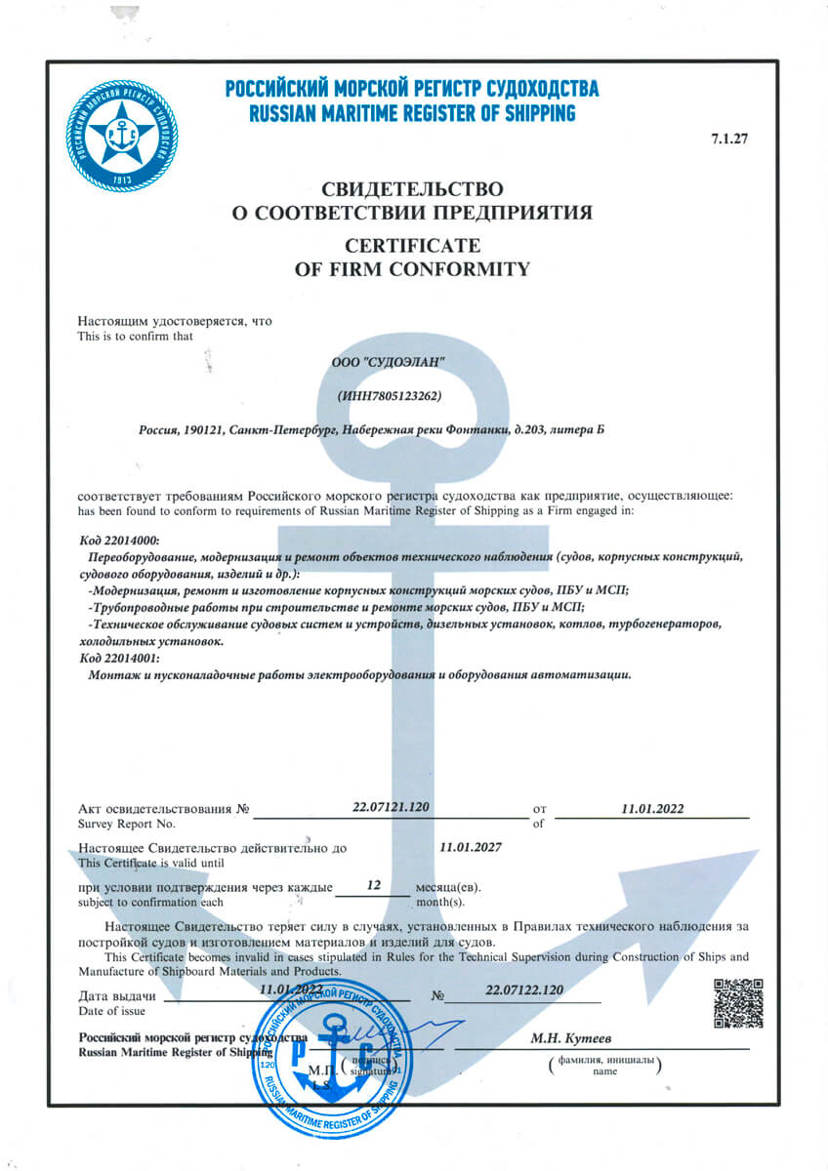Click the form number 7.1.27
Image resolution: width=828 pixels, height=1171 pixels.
click(729, 138)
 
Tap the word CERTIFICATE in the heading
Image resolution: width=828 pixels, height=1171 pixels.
click(412, 244)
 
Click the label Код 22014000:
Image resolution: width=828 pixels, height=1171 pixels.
click(118, 541)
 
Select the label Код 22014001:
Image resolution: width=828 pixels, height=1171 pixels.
click(118, 659)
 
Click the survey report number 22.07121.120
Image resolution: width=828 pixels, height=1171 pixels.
click(391, 807)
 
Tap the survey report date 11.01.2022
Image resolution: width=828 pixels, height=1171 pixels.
click(653, 808)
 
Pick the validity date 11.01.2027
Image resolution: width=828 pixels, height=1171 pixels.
click(471, 847)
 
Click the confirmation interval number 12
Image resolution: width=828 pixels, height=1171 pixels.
click(372, 885)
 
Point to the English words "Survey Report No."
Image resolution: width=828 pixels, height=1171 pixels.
click(120, 825)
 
